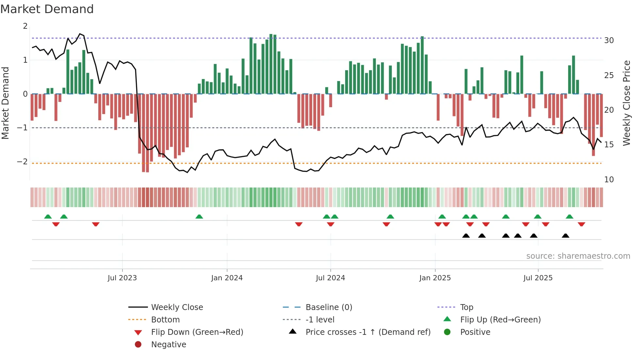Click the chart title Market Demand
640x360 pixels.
(x=47, y=9)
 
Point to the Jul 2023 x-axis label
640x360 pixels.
(x=122, y=278)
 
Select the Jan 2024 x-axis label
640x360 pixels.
(x=227, y=278)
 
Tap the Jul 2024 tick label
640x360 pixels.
(x=330, y=278)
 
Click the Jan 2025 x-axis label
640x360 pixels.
(x=435, y=278)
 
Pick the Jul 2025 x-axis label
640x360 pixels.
(x=538, y=278)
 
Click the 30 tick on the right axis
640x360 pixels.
(x=609, y=41)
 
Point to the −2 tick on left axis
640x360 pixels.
(x=22, y=162)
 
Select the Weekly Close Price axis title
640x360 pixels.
(x=626, y=103)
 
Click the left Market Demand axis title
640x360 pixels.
(x=5, y=103)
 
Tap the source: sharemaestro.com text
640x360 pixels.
(x=578, y=256)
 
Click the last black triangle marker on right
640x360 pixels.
(x=566, y=236)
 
